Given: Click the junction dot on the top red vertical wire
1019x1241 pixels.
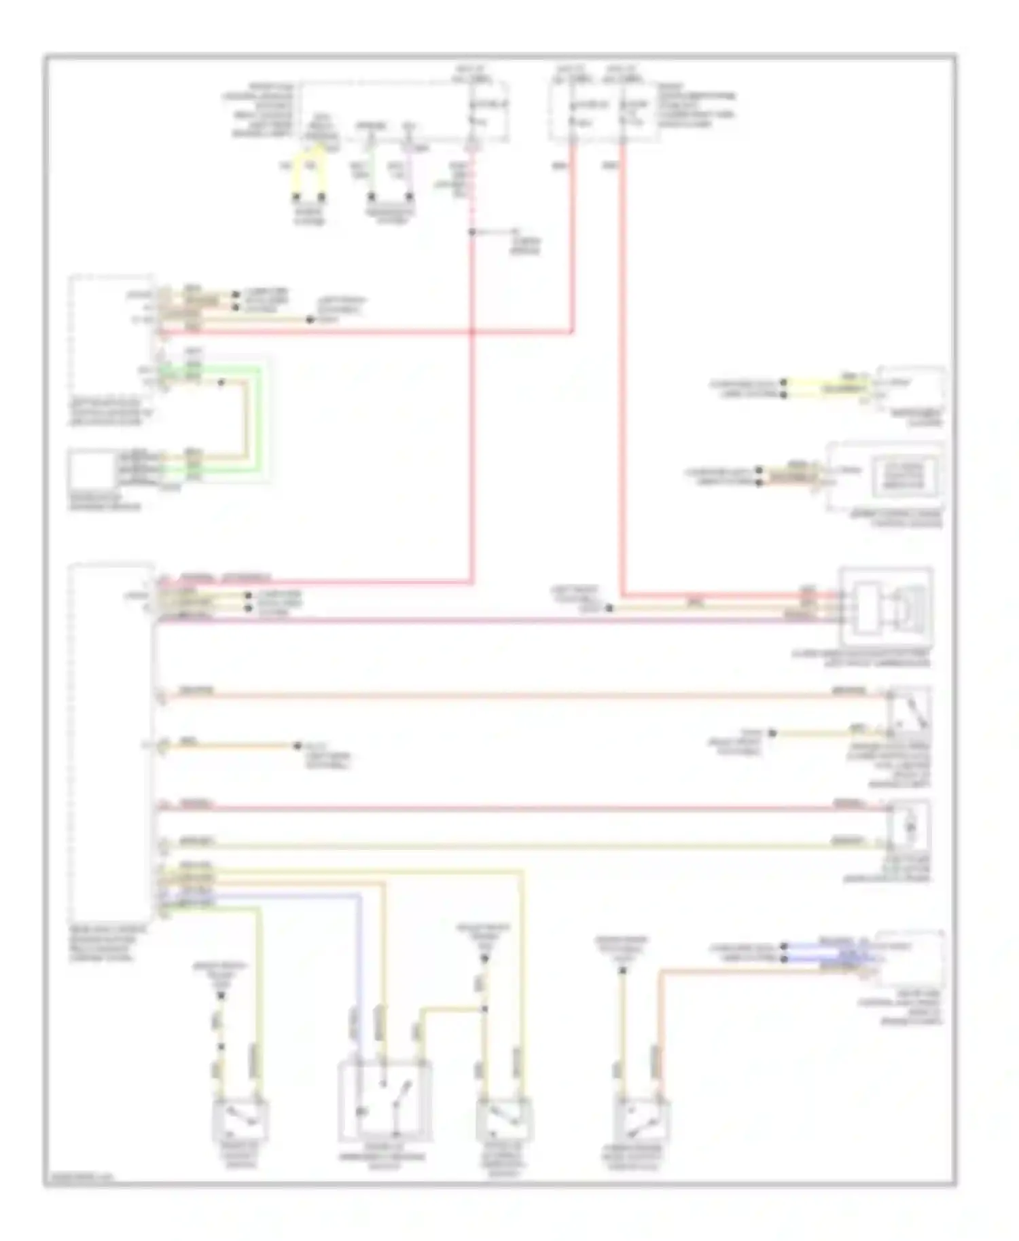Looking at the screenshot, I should click(471, 232).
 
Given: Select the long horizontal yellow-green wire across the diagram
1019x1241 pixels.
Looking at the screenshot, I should click(516, 845).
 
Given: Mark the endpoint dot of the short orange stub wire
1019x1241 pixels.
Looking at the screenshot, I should click(297, 746).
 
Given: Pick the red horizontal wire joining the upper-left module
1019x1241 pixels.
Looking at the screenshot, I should click(367, 332).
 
